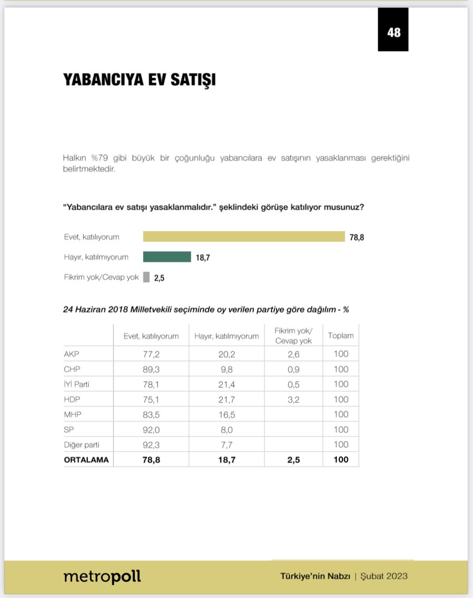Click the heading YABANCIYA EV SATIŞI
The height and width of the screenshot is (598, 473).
(139, 80)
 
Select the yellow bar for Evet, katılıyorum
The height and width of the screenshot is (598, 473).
(244, 236)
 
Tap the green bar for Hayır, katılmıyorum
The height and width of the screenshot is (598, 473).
(167, 257)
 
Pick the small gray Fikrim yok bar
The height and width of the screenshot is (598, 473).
(146, 277)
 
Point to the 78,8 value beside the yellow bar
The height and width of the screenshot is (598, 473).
(357, 237)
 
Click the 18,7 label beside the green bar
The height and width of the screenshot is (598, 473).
(203, 258)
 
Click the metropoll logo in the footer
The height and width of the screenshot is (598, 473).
(102, 576)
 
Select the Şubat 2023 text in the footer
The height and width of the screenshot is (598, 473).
(384, 576)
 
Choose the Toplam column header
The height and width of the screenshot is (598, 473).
(341, 336)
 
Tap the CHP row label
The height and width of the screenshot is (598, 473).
(72, 369)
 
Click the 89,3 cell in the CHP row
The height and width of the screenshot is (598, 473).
(151, 369)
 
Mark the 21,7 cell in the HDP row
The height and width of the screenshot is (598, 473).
(226, 399)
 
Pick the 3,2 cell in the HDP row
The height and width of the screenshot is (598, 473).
(294, 399)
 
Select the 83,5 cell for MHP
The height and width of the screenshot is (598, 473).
(151, 414)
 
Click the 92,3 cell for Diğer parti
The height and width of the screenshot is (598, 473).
(151, 445)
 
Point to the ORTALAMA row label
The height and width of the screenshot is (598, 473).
(87, 460)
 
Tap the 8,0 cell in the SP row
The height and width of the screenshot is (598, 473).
(226, 430)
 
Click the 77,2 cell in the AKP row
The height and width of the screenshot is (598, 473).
(151, 354)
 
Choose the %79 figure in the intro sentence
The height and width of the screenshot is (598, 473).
(99, 158)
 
